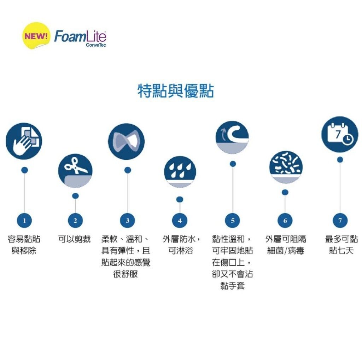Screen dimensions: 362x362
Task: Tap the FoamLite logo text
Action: pyautogui.click(x=80, y=36)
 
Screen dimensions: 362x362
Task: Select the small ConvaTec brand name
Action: pyautogui.click(x=96, y=45)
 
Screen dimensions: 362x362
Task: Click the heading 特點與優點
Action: pyautogui.click(x=176, y=91)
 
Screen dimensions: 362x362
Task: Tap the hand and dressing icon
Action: pyautogui.click(x=24, y=141)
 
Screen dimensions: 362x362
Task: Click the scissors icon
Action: pyautogui.click(x=75, y=171)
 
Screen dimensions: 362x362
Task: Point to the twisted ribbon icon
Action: pyautogui.click(x=126, y=141)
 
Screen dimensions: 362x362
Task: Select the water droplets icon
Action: pyautogui.click(x=180, y=172)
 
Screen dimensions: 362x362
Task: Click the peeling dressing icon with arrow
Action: pyautogui.click(x=233, y=138)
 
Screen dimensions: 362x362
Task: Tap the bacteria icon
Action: pyautogui.click(x=286, y=167)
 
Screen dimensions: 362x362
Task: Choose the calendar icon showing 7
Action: pyautogui.click(x=340, y=134)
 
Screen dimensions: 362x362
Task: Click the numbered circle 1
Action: pyautogui.click(x=24, y=221)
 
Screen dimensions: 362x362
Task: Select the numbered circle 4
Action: pyautogui.click(x=180, y=221)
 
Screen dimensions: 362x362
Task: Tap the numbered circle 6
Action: pyautogui.click(x=285, y=221)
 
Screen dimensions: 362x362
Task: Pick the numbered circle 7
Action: pyautogui.click(x=340, y=221)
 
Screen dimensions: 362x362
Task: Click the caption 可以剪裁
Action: pyautogui.click(x=74, y=239)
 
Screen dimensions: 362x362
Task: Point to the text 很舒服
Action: pyautogui.click(x=125, y=274)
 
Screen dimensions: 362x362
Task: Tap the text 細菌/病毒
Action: pyautogui.click(x=286, y=251)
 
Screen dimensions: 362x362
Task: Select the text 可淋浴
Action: pyautogui.click(x=180, y=251)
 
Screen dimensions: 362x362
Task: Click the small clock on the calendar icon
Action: pyautogui.click(x=348, y=139)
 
